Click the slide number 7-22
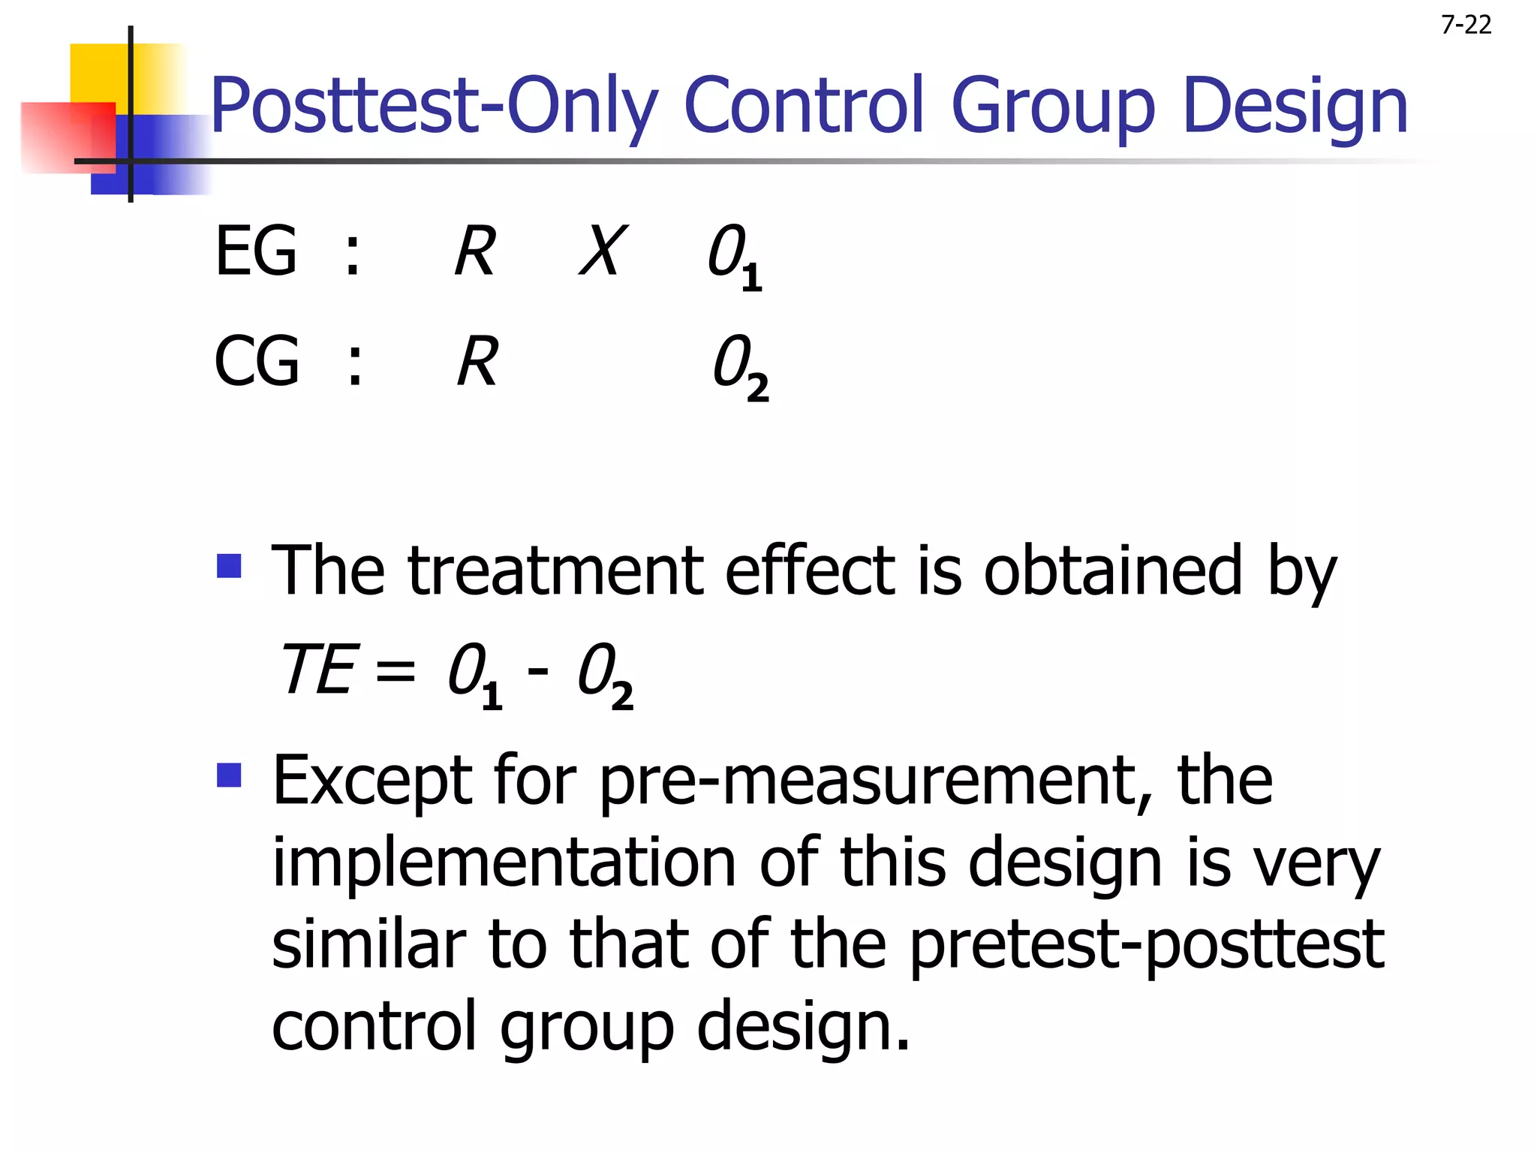tap(1466, 26)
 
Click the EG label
tap(256, 251)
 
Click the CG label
tap(257, 362)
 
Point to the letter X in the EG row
tap(603, 251)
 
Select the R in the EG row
tap(475, 251)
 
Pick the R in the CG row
tap(478, 362)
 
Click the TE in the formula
tap(316, 670)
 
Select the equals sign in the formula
tap(395, 670)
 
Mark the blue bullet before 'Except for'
tap(229, 775)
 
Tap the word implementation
tap(504, 863)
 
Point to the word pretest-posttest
tap(1147, 945)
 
